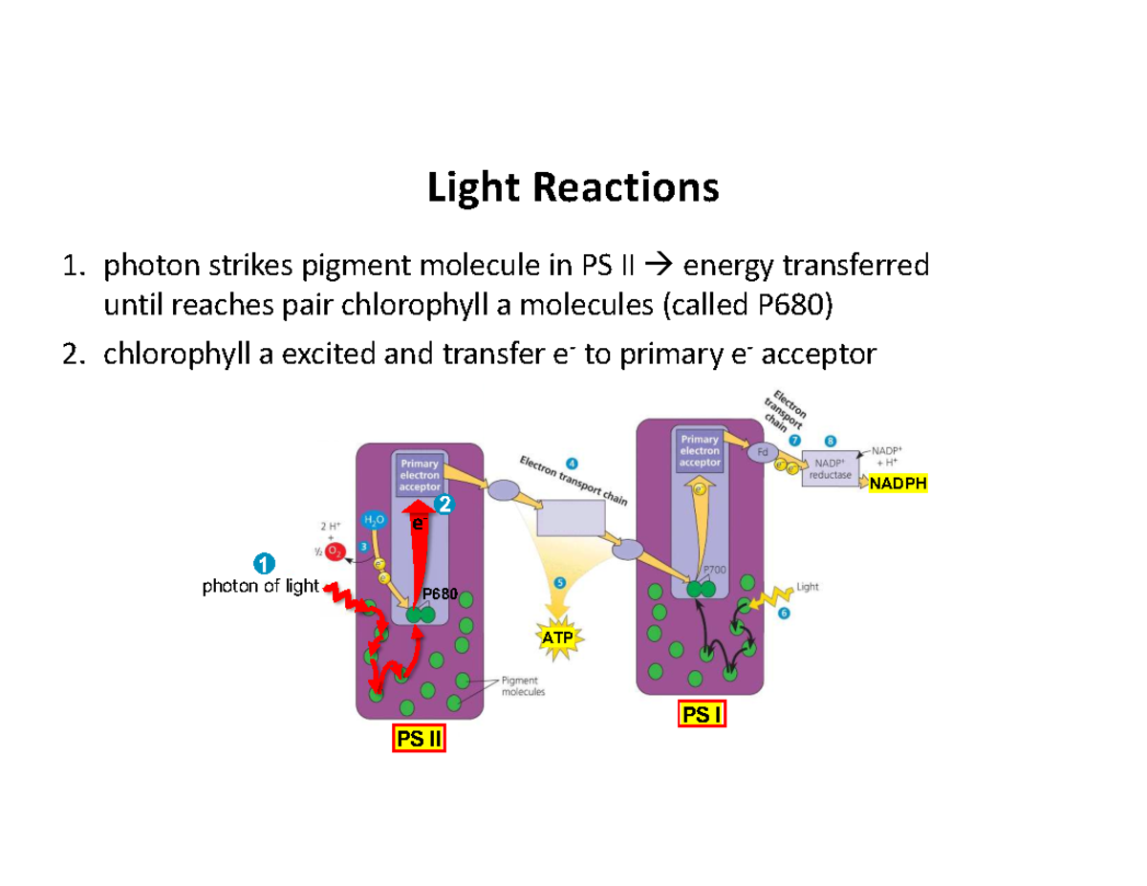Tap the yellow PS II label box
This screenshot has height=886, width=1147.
point(419,740)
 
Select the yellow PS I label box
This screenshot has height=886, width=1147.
point(702,714)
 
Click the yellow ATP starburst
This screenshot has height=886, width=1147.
point(559,637)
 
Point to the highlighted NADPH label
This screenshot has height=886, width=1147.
point(898,485)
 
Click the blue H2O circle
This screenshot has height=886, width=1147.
point(372,519)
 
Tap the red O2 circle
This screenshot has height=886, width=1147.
point(335,551)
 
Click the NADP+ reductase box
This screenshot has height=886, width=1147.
point(832,468)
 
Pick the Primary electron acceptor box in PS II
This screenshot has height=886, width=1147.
point(420,476)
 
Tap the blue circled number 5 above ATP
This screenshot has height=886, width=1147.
point(559,582)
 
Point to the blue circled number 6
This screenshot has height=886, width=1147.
point(783,614)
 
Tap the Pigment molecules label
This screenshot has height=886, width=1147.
point(522,686)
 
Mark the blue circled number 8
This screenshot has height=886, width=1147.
point(830,441)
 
